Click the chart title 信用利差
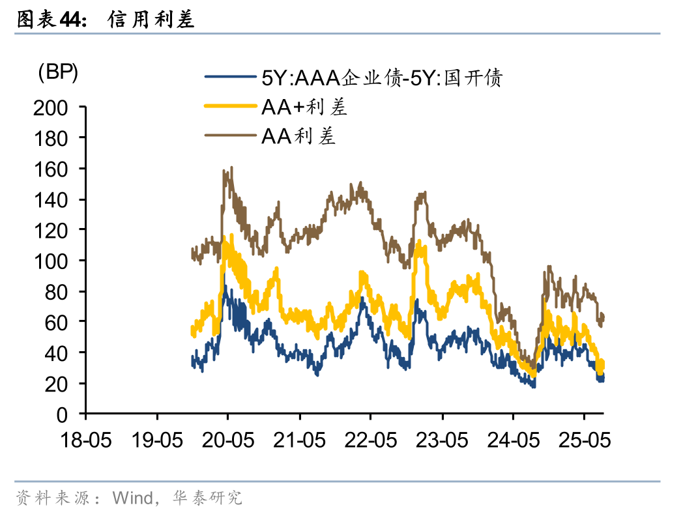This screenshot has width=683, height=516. [x=151, y=20]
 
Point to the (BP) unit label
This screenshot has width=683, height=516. [x=58, y=73]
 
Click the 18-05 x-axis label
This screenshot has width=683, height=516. [x=85, y=440]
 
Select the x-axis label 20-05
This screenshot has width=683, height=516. [x=228, y=440]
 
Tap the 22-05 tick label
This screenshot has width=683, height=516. [x=370, y=440]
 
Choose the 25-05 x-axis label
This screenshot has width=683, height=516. [x=584, y=440]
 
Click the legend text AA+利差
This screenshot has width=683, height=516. [x=304, y=107]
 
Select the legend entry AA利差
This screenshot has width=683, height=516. [x=298, y=136]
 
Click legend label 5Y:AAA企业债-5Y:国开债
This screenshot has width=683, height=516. [x=382, y=78]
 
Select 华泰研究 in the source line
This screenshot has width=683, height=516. [x=207, y=498]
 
